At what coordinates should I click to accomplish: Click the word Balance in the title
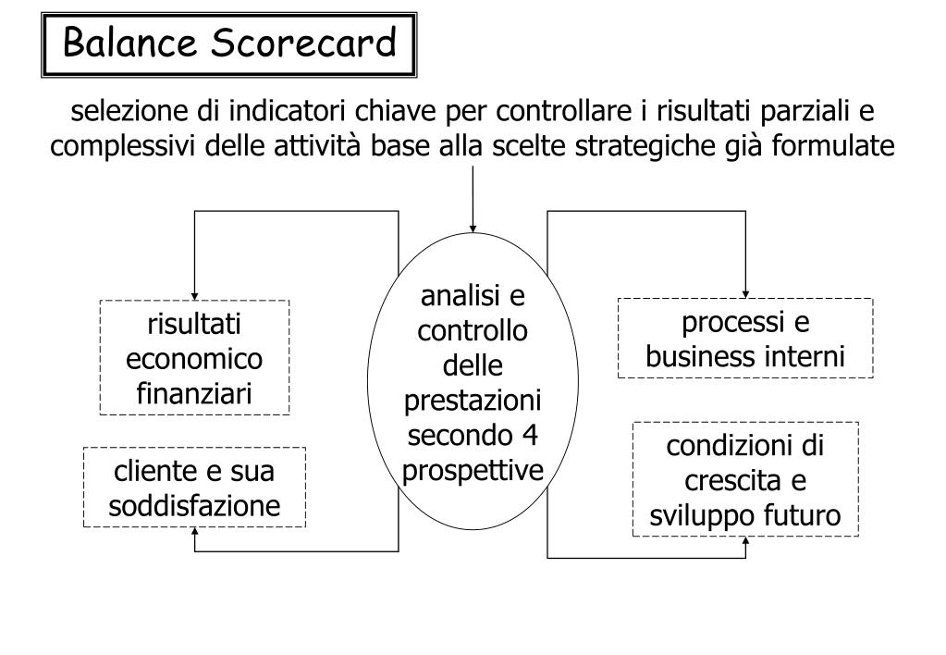pyautogui.click(x=128, y=43)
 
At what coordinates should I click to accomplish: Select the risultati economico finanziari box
pyautogui.click(x=194, y=358)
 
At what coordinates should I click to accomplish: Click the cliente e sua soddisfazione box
pyautogui.click(x=194, y=488)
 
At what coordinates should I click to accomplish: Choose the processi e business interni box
pyautogui.click(x=745, y=338)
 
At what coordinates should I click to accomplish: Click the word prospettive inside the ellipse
pyautogui.click(x=473, y=471)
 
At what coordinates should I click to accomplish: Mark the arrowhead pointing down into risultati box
pyautogui.click(x=194, y=295)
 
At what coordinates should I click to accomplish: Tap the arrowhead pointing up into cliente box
pyautogui.click(x=194, y=532)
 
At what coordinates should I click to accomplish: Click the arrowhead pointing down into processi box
pyautogui.click(x=745, y=293)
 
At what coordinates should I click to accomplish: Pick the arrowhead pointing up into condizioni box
pyautogui.click(x=745, y=540)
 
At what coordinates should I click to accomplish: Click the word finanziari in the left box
pyautogui.click(x=194, y=394)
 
